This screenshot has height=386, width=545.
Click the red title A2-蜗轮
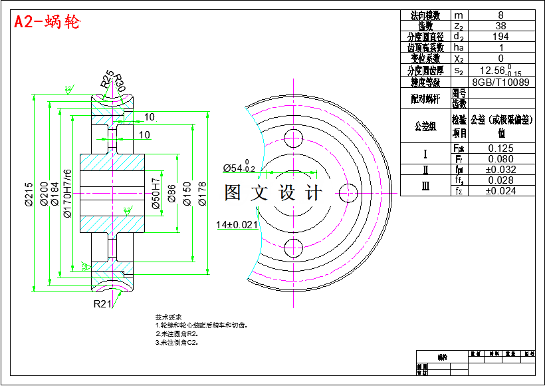47,23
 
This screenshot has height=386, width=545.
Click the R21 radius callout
102,304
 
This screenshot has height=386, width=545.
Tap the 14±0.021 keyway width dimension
237,224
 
